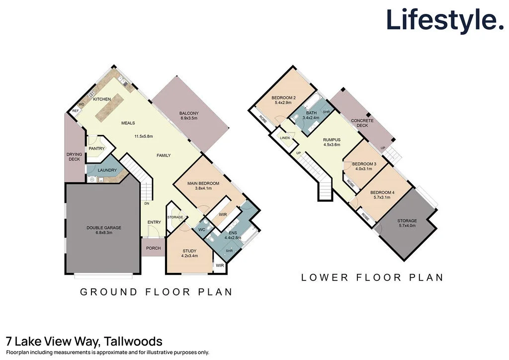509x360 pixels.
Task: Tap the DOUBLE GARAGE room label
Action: (104, 228)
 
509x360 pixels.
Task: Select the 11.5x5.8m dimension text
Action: (143, 136)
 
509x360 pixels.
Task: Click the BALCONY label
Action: (188, 113)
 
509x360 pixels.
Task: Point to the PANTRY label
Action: (96, 148)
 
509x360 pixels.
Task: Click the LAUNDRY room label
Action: (107, 171)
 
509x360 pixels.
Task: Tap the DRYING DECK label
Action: (74, 157)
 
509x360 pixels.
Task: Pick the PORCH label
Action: (153, 249)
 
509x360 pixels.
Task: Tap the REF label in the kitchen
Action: (76, 111)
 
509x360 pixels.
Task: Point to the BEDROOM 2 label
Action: (284, 97)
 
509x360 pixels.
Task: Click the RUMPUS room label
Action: (332, 140)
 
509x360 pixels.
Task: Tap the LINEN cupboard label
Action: (284, 138)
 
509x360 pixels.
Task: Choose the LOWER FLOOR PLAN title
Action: (372, 277)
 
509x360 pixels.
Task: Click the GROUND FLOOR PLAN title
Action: (156, 292)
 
